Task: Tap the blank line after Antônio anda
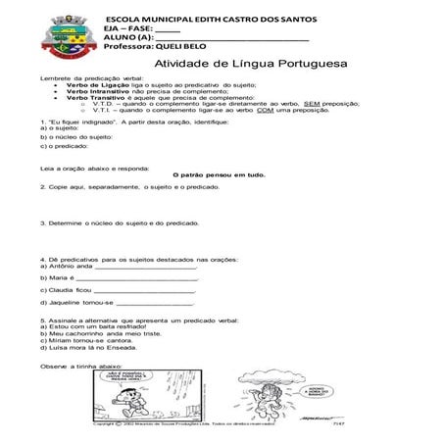[x=145, y=265]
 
